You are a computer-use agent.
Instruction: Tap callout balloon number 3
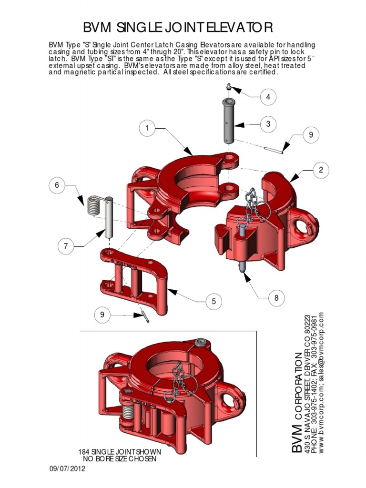[x=268, y=124]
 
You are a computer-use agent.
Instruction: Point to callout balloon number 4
[x=268, y=97]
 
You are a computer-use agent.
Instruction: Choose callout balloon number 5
[x=214, y=301]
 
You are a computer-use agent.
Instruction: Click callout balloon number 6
[x=57, y=185]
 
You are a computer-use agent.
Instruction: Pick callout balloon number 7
[x=65, y=246]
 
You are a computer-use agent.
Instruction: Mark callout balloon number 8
[x=275, y=299]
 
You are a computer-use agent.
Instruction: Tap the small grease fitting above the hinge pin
[x=228, y=87]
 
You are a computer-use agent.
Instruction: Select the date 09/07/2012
[x=67, y=469]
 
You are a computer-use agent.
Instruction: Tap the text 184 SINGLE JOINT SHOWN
[x=119, y=451]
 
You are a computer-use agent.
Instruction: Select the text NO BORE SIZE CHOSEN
[x=119, y=459]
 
